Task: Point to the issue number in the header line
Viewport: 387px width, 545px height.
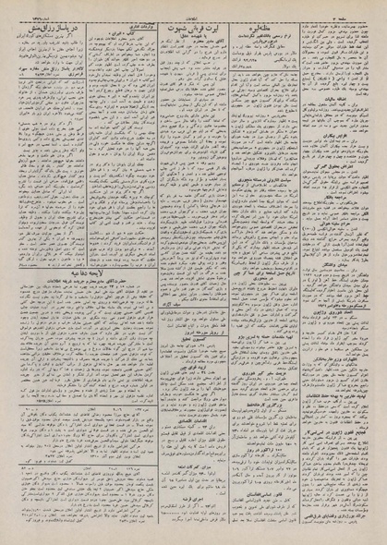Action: click(29, 6)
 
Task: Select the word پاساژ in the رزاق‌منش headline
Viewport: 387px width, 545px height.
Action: click(56, 21)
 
